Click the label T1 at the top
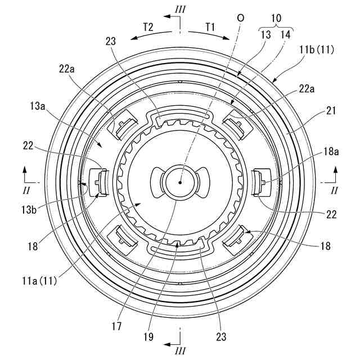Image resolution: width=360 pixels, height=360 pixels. point(210,26)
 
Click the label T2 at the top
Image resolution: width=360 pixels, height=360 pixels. point(148,26)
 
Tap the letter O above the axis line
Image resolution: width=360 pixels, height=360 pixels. point(241,17)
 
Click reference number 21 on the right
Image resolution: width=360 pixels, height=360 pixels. point(331,111)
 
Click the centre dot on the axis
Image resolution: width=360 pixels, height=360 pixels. point(179,182)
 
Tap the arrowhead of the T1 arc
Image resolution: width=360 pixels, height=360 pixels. point(228,39)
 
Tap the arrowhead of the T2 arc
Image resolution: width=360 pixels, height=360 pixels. point(131,39)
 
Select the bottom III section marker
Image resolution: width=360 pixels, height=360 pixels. point(179,350)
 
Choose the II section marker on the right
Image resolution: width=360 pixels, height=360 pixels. point(335,191)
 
